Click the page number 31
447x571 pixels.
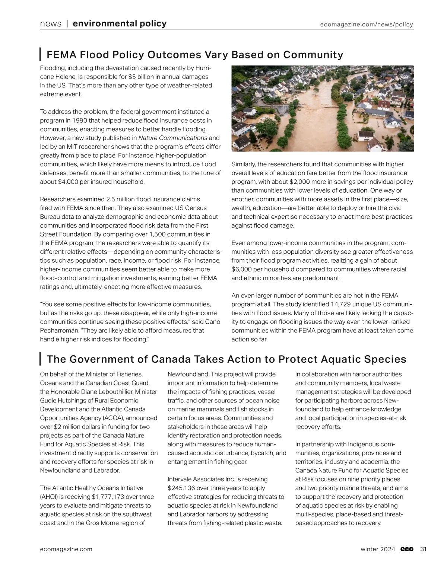(423, 549)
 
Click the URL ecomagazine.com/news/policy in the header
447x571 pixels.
(367, 25)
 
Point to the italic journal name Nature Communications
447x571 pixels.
(172, 138)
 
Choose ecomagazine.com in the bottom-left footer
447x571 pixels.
(66, 549)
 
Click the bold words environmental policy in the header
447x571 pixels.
(120, 24)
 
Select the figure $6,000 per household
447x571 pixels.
(241, 269)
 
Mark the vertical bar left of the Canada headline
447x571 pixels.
(40, 359)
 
